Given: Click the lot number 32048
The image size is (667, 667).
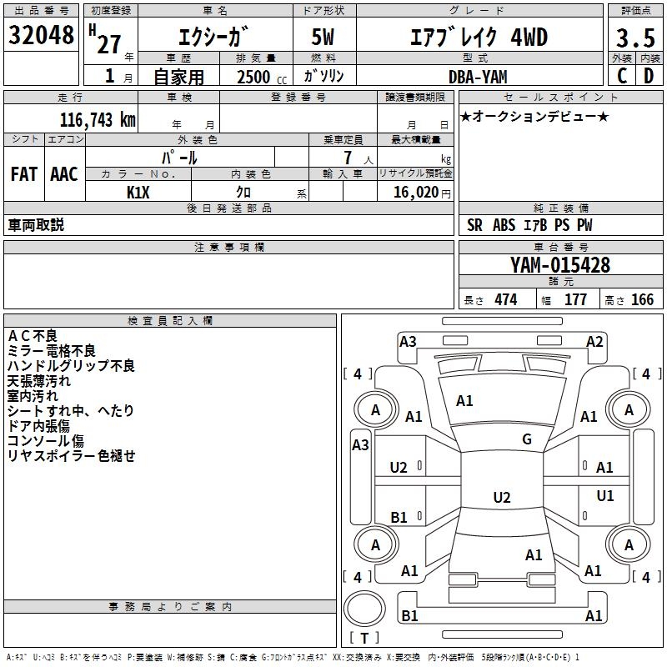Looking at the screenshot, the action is click(41, 36).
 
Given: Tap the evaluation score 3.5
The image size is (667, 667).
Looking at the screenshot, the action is click(634, 38).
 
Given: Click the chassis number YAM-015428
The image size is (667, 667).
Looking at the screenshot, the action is click(560, 265).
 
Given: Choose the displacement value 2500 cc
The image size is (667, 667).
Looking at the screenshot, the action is click(258, 77).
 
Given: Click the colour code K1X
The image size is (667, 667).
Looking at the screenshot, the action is click(138, 192).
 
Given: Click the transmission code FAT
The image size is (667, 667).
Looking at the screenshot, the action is click(24, 173).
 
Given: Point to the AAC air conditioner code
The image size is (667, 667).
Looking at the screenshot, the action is click(64, 173).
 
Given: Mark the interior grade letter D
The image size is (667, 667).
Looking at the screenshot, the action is click(649, 76).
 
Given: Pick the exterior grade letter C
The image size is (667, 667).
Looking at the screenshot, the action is click(622, 76).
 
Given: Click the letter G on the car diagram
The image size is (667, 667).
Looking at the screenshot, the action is click(527, 439).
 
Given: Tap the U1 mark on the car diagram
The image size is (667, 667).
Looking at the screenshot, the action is click(605, 495).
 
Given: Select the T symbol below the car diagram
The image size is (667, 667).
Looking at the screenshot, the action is click(364, 639).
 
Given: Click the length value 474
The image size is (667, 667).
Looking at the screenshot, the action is click(505, 300).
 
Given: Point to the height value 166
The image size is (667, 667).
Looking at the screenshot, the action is click(642, 300).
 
